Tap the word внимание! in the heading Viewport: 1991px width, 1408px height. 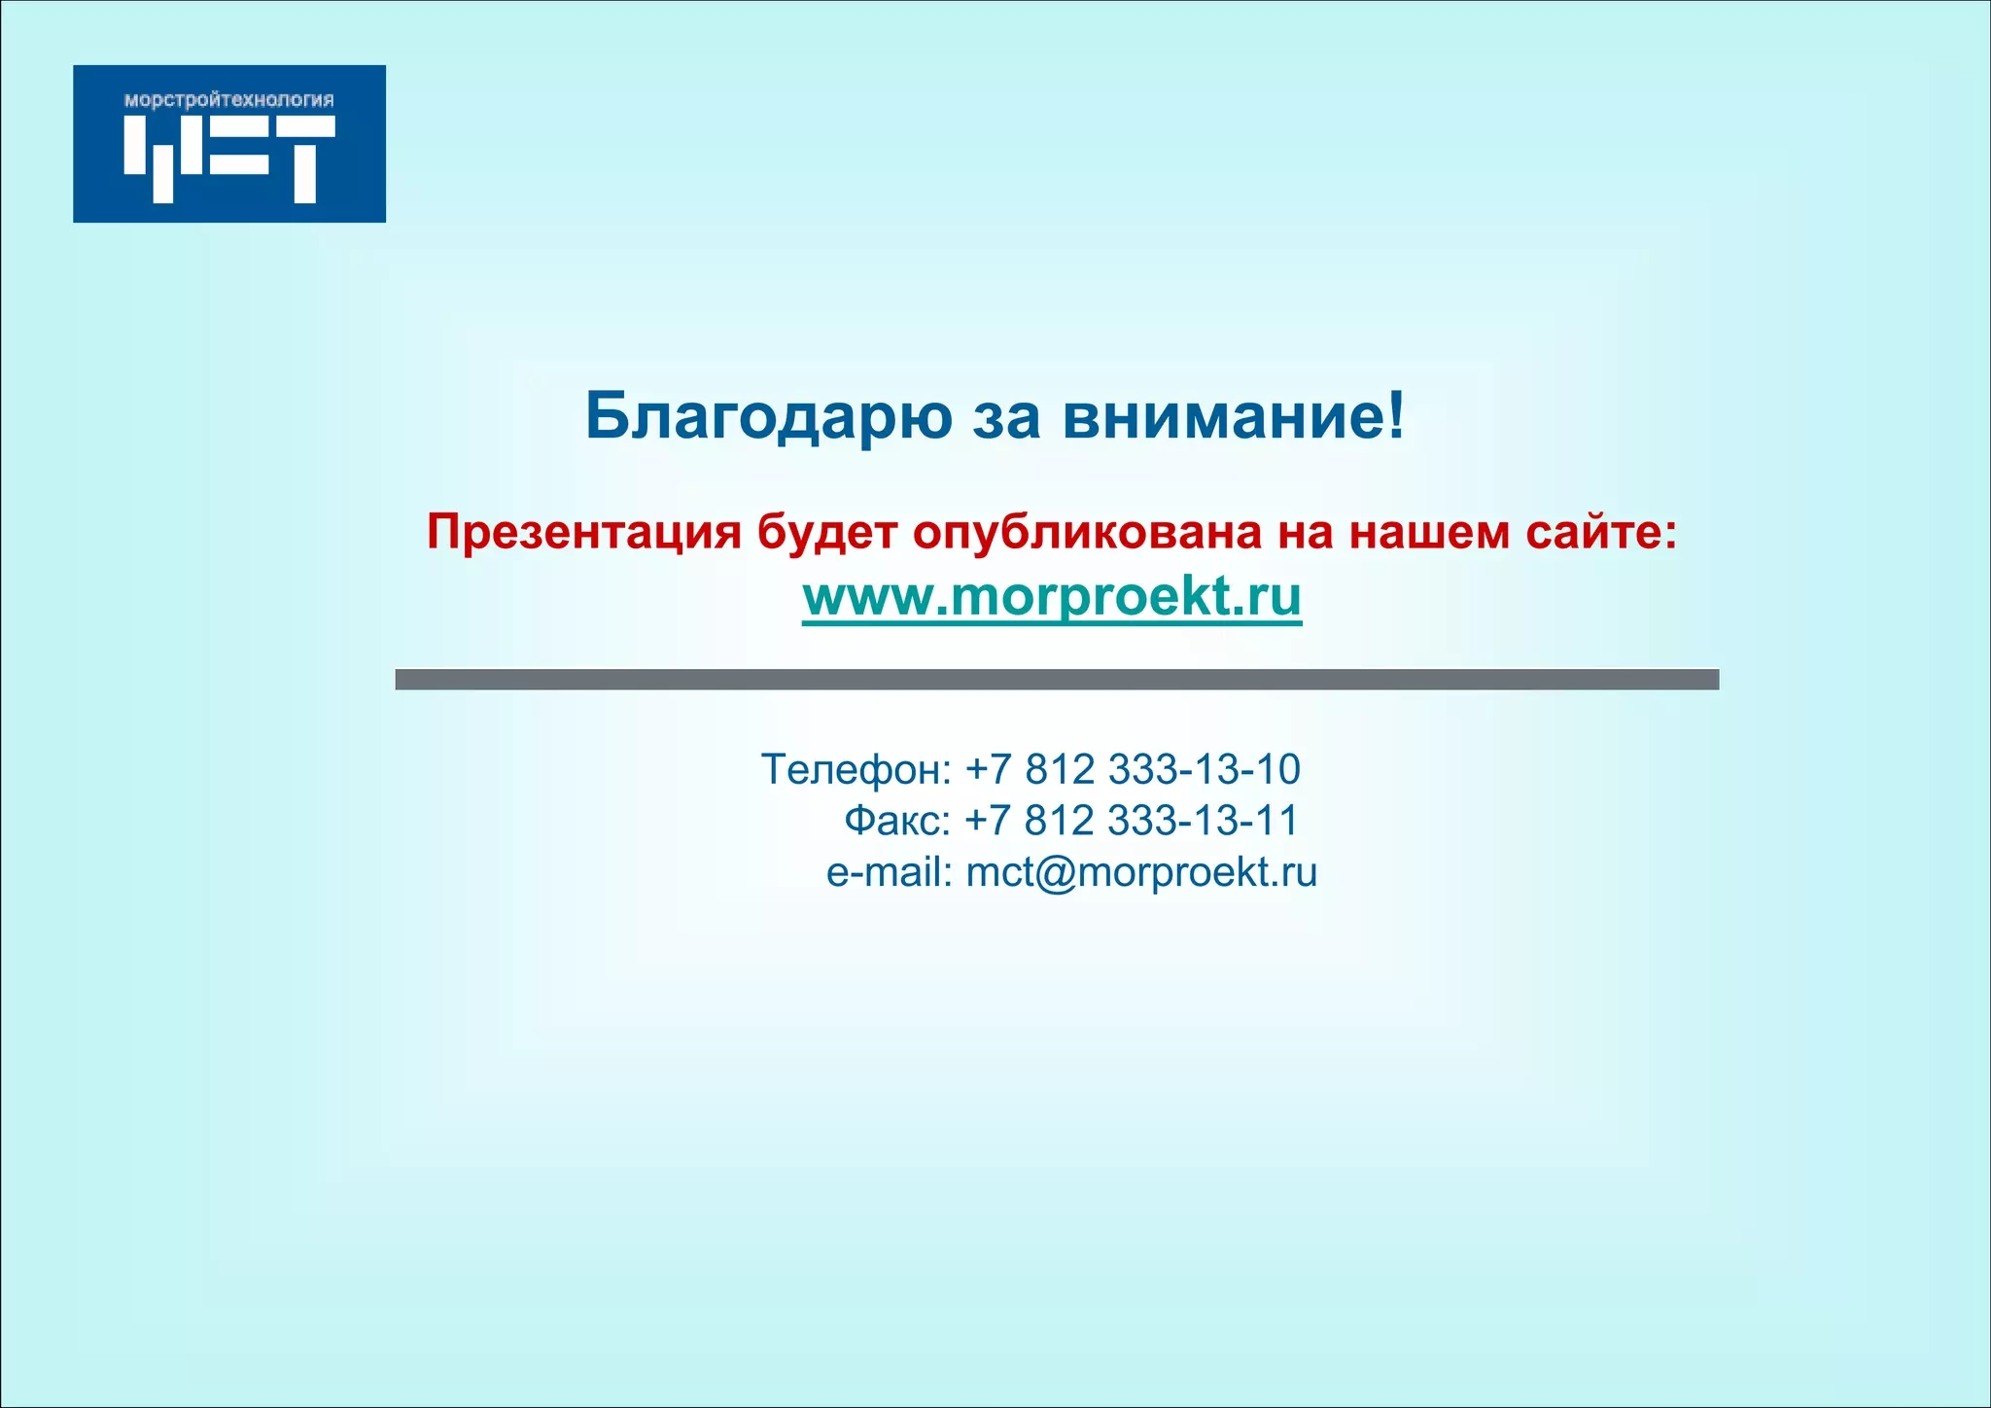tap(1233, 416)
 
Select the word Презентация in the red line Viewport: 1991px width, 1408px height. tap(583, 532)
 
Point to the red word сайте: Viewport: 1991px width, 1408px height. tap(1600, 532)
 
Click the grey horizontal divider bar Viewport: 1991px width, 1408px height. tap(1057, 680)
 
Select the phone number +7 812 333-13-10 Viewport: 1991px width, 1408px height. tap(1132, 769)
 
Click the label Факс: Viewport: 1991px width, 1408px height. tap(896, 821)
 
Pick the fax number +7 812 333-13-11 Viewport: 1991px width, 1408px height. tap(1131, 821)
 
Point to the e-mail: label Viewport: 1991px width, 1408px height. tap(889, 872)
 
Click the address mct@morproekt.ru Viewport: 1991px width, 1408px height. tap(1141, 872)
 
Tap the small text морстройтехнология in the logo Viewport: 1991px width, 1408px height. tap(229, 100)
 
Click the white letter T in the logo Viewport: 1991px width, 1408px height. tap(303, 158)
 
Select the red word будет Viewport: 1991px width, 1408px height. tap(826, 532)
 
